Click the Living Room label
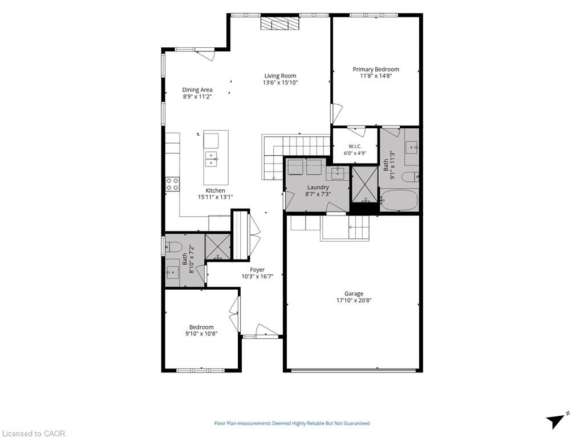click(280, 76)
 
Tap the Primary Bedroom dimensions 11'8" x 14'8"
click(376, 76)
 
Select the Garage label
click(354, 294)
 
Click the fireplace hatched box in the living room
click(279, 24)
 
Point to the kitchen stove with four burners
click(172, 184)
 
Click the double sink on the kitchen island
click(211, 159)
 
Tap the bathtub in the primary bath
click(399, 200)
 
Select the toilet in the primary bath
click(410, 177)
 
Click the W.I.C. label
click(355, 147)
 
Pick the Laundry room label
click(318, 187)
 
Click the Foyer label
click(257, 270)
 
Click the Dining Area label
click(197, 90)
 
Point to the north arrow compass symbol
click(556, 420)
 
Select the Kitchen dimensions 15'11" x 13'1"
click(215, 197)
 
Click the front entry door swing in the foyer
click(266, 330)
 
